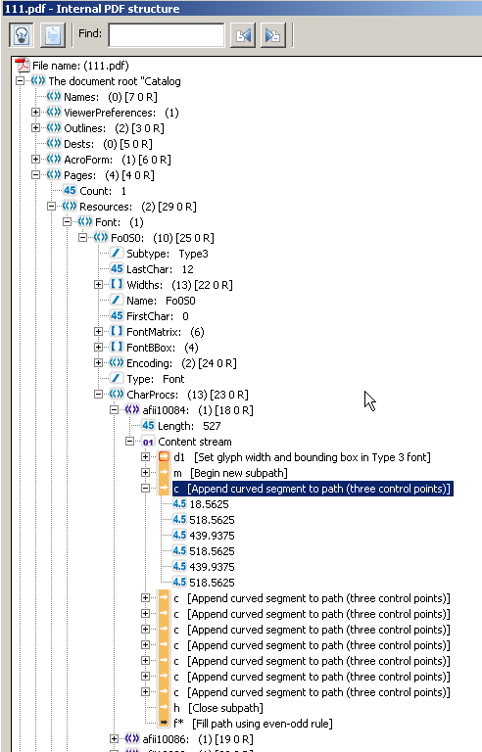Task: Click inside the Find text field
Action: (167, 35)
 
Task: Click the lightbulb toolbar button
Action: (22, 35)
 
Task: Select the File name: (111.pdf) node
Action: (80, 66)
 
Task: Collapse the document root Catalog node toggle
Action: (21, 81)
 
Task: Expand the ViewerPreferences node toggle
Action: (35, 113)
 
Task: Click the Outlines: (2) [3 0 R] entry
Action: (114, 128)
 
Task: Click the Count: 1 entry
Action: (103, 191)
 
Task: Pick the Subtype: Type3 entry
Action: (168, 254)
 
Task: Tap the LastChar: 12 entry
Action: (160, 269)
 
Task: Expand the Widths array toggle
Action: (98, 284)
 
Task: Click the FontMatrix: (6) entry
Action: (166, 332)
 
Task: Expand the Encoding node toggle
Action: (98, 363)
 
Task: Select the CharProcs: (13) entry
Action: (187, 395)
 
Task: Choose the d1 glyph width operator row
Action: (302, 457)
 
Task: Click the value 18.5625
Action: (210, 504)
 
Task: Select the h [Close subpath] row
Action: (218, 708)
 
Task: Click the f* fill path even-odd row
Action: (253, 724)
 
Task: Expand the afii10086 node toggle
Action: (115, 739)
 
